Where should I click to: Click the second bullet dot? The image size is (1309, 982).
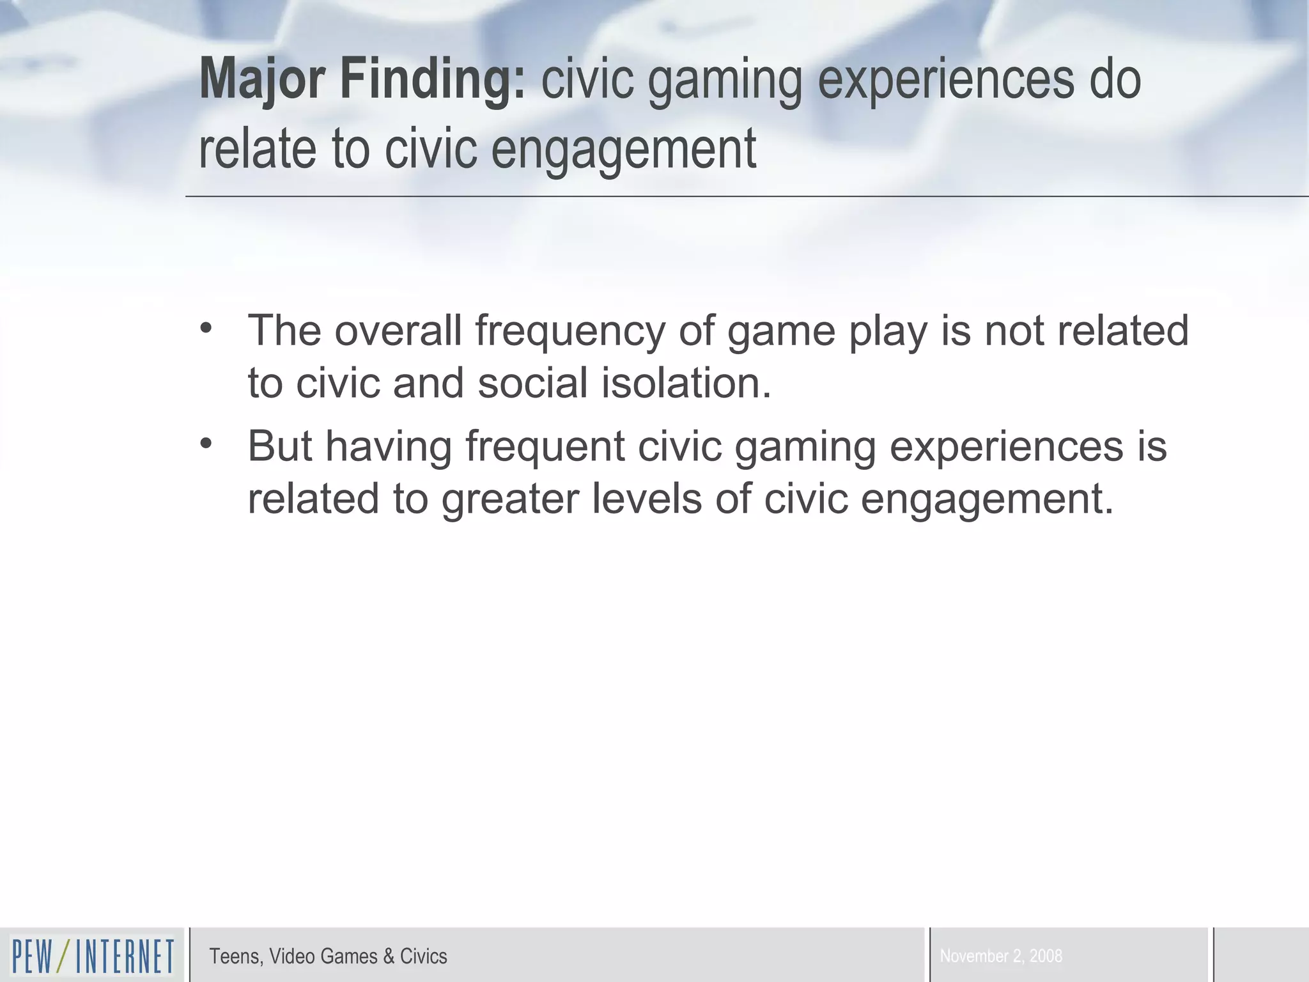point(206,443)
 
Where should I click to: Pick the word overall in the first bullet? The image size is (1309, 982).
point(398,331)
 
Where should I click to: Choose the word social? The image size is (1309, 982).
point(532,383)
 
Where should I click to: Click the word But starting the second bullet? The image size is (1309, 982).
point(280,446)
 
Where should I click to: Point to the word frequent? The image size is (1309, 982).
point(545,447)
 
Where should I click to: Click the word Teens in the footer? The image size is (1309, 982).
point(235,956)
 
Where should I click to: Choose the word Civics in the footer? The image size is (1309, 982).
point(423,956)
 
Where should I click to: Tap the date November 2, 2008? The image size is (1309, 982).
point(1001,956)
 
